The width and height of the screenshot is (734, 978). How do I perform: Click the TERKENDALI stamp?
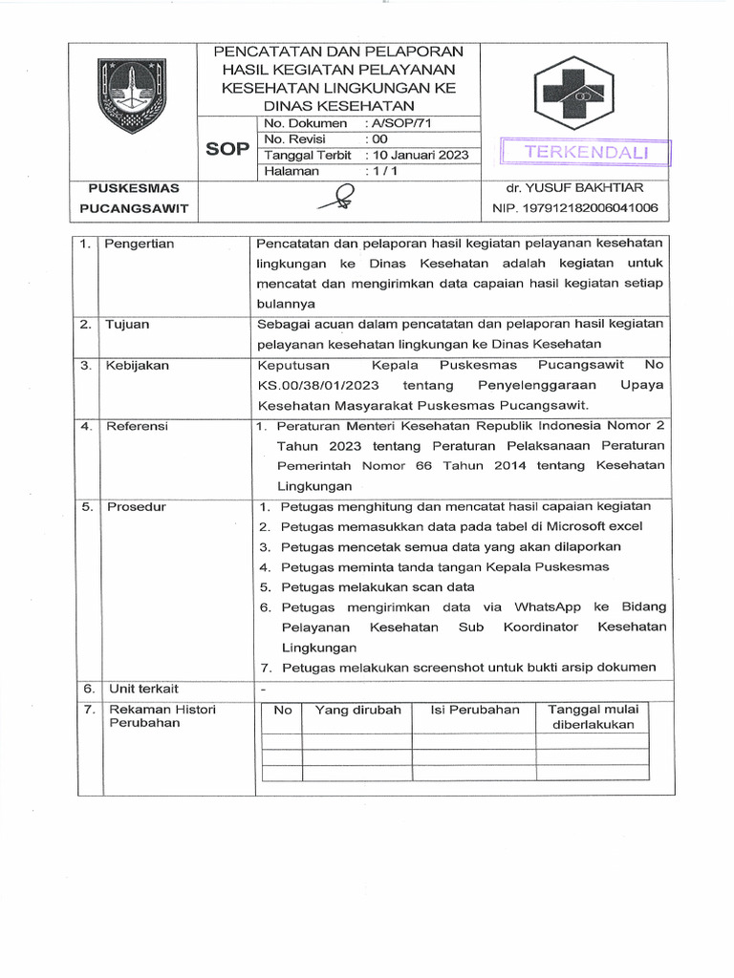coord(586,153)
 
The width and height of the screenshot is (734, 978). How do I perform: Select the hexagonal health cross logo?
coord(580,90)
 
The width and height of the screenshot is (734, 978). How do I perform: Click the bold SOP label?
coord(227,150)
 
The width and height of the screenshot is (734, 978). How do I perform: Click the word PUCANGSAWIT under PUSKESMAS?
coord(134,207)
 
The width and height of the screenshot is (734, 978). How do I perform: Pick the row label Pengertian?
coord(140,244)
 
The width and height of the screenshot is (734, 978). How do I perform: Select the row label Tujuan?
coord(129,324)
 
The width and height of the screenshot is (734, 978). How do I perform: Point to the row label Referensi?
coord(137,426)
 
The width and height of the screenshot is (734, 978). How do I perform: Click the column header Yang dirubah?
coord(357,710)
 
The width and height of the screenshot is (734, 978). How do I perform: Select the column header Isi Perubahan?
coord(475,710)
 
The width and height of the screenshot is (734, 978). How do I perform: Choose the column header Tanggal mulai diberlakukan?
coord(594,716)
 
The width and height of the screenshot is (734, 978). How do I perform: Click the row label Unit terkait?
coord(143,688)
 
